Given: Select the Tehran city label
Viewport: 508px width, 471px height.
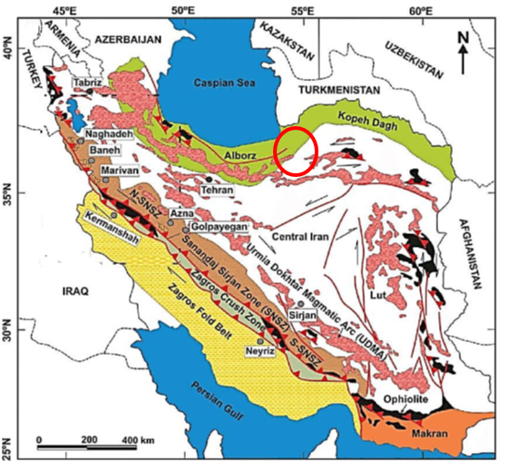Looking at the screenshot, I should click(x=217, y=191).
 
